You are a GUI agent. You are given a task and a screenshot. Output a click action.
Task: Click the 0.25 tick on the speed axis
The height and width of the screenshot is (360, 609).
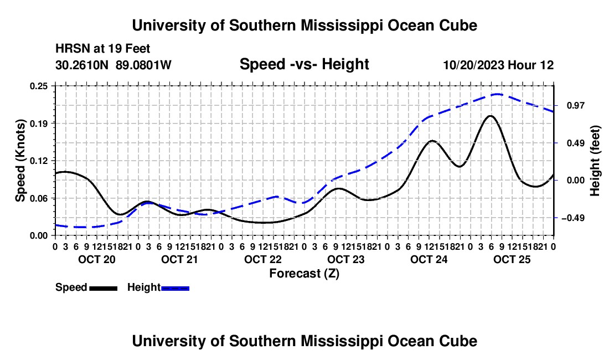[x=38, y=86]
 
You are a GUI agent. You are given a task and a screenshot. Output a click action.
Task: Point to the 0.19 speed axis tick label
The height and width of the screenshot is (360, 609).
[x=38, y=124]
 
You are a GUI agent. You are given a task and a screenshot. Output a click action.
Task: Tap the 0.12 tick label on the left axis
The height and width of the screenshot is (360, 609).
[x=38, y=161]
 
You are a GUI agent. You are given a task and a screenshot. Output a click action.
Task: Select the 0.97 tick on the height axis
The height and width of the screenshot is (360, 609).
[x=570, y=105]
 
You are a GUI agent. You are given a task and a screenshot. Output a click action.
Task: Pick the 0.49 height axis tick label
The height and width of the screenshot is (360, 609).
[x=570, y=143]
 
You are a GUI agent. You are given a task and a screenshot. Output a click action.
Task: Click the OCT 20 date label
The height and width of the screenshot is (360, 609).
[x=97, y=259]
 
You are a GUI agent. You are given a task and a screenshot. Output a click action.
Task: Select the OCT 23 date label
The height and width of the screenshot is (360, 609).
[x=345, y=259]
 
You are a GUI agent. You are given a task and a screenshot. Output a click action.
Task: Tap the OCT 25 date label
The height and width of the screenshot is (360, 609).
[x=512, y=259]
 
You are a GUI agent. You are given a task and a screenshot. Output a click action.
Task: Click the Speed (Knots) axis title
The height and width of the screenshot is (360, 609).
[x=20, y=161]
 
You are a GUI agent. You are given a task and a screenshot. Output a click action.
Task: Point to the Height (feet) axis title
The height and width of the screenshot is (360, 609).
[x=595, y=161]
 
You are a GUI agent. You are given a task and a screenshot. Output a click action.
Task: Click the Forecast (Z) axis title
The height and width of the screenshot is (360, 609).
[x=304, y=274]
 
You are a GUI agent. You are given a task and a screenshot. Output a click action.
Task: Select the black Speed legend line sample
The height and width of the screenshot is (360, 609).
[x=104, y=288]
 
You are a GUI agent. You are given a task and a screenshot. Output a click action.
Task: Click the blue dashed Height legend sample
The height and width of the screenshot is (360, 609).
[x=175, y=288]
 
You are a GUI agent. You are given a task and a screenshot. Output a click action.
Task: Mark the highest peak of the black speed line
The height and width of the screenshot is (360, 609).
[x=491, y=116]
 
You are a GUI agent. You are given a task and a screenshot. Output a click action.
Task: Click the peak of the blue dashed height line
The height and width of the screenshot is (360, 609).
[x=498, y=94]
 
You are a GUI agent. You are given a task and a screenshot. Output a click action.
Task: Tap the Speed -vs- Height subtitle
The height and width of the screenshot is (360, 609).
[x=304, y=64]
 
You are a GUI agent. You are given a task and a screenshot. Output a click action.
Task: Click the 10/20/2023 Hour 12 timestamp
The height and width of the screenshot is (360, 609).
[x=499, y=65]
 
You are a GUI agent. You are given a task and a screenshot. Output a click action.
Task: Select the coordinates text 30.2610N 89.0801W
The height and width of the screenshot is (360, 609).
[x=113, y=65]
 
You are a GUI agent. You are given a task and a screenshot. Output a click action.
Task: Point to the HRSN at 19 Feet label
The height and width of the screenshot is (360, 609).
[x=103, y=49]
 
